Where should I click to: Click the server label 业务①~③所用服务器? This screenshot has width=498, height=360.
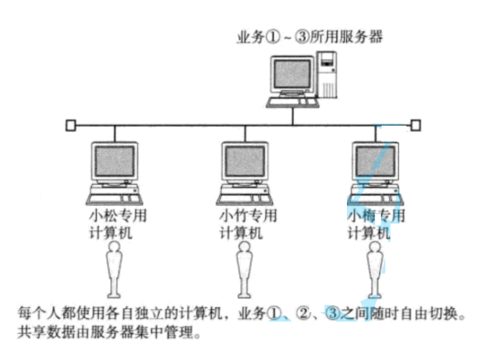pos(309,37)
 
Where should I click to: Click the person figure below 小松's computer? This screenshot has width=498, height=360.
pos(114,268)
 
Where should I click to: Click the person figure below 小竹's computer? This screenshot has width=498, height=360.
pos(244,268)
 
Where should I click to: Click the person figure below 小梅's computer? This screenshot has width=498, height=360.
pos(374,268)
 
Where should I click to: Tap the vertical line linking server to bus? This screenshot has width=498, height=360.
pos(293,115)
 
